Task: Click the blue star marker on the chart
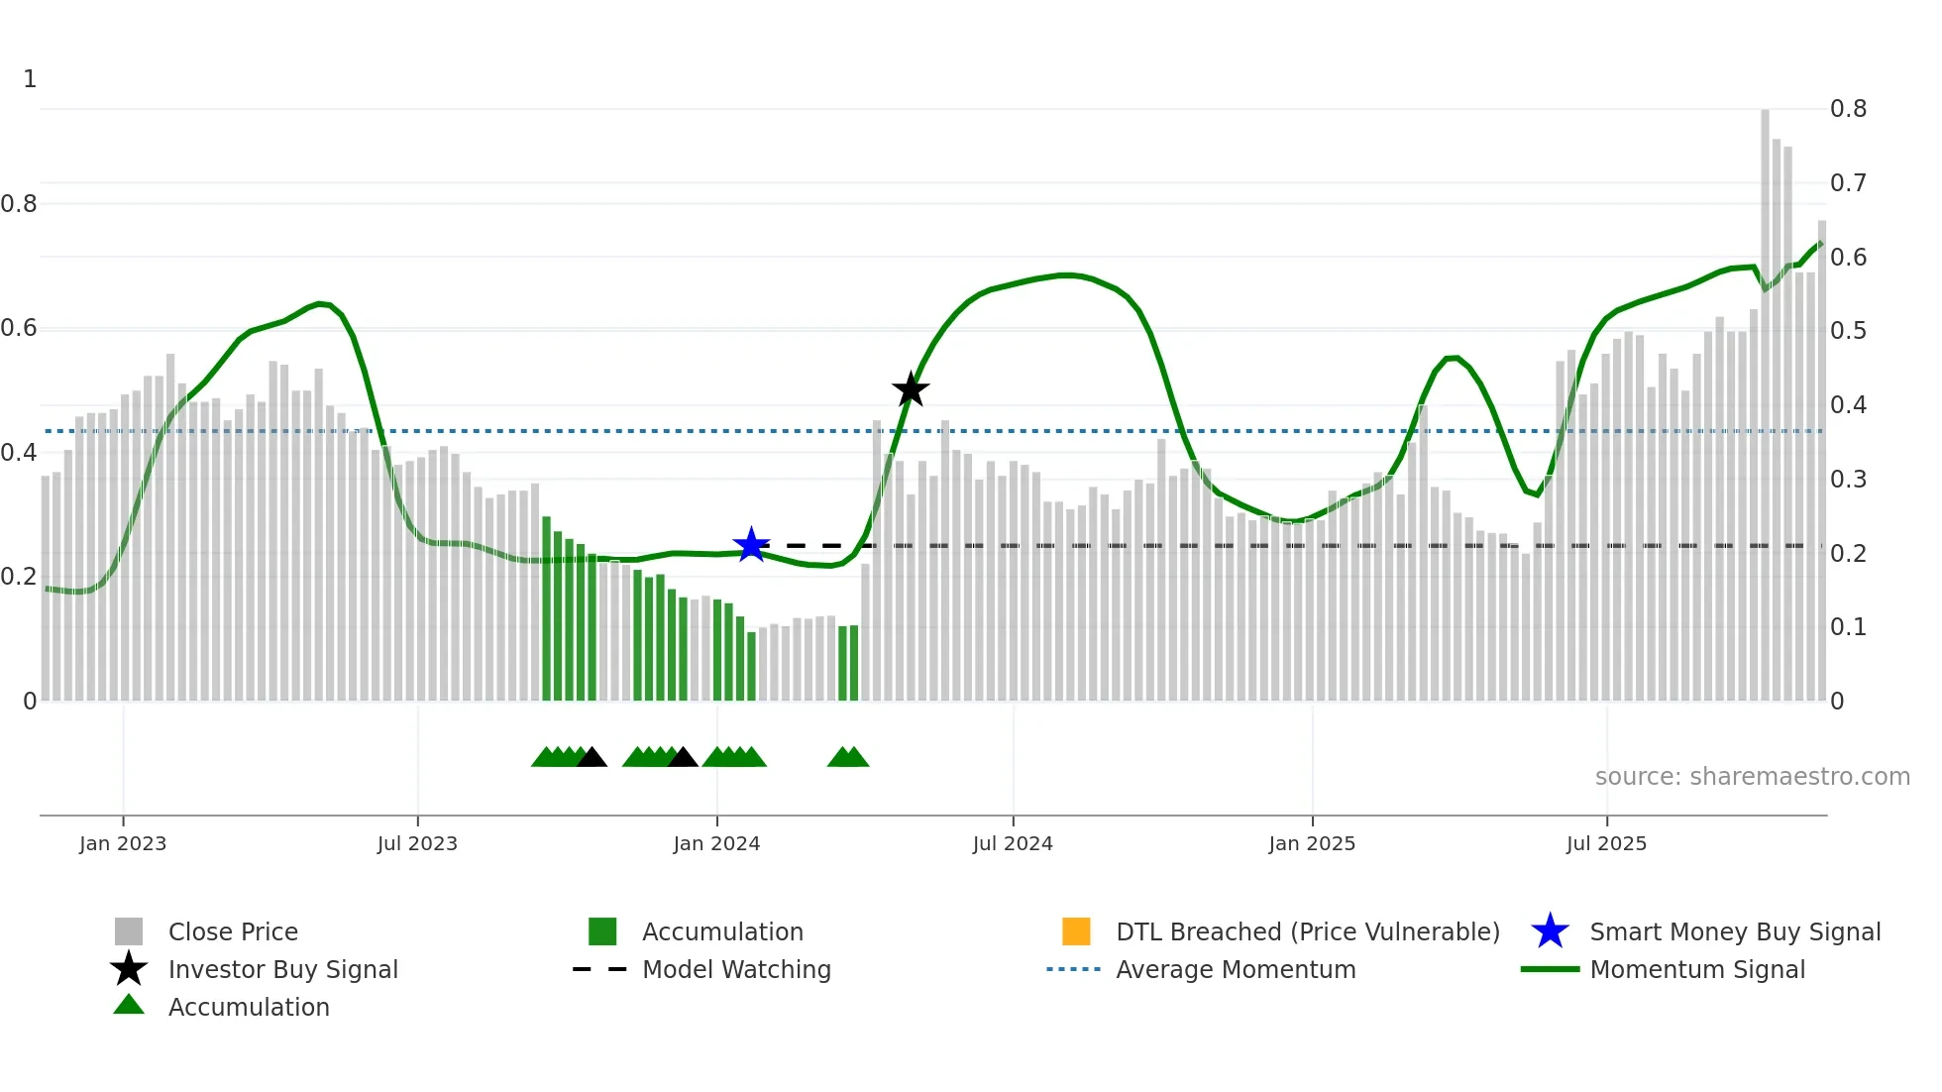tap(751, 545)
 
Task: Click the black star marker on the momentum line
tap(911, 389)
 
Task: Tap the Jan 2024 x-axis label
tap(716, 843)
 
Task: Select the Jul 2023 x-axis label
tap(417, 843)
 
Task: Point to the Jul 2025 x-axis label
tap(1606, 843)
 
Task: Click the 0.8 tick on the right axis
tap(1848, 109)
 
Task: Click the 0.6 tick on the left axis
tap(19, 328)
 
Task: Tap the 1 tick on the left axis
tap(30, 79)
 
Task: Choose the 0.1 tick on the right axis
tap(1848, 627)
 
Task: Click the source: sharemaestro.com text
tap(1752, 777)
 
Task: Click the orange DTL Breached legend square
tap(1076, 931)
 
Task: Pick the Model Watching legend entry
tap(735, 970)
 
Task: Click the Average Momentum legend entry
tap(1235, 970)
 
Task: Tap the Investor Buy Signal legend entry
tap(282, 970)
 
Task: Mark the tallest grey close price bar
tap(1765, 396)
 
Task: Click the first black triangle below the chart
tap(592, 758)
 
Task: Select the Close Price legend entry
tap(232, 932)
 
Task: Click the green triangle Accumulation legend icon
tap(129, 1005)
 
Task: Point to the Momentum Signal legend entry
tap(1696, 970)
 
